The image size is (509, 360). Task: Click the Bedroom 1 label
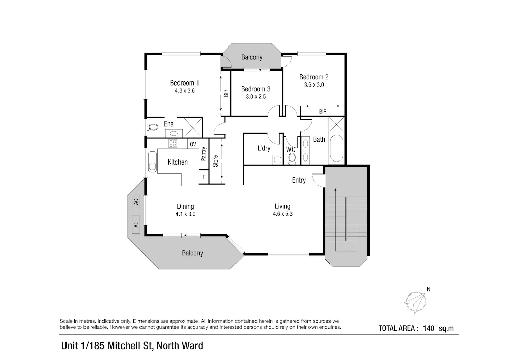[185, 83]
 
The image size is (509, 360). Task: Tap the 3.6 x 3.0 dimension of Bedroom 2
[314, 85]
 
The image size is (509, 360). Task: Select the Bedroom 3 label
[256, 89]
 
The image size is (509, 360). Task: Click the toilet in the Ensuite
[152, 127]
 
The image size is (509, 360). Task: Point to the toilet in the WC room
[292, 158]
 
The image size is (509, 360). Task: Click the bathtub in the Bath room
[337, 149]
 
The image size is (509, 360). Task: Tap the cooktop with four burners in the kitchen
[173, 144]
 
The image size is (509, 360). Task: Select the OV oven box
[193, 144]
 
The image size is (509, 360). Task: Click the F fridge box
[204, 177]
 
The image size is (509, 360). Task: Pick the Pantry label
[204, 154]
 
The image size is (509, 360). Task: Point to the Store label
[215, 161]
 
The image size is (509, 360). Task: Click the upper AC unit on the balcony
[136, 201]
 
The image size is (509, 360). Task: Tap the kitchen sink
[152, 162]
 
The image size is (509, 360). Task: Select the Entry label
[299, 180]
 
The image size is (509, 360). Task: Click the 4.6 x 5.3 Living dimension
[283, 214]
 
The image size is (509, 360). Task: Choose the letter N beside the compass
[429, 289]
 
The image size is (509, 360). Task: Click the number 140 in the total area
[429, 328]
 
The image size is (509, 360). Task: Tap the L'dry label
[264, 148]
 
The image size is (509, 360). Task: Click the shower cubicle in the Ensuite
[193, 128]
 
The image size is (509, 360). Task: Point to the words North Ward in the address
[180, 346]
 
